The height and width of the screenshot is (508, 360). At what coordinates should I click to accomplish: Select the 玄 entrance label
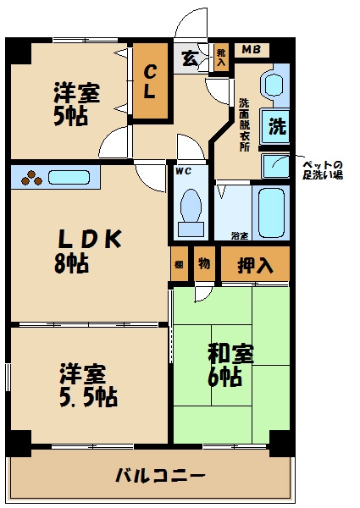click(x=189, y=58)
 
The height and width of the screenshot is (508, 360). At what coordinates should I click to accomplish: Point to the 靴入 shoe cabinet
click(x=221, y=57)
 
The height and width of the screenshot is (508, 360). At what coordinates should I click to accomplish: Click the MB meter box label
click(x=251, y=50)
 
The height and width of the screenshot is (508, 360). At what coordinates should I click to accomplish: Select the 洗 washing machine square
click(x=276, y=127)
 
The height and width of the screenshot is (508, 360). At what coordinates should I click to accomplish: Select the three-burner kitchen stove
click(x=31, y=178)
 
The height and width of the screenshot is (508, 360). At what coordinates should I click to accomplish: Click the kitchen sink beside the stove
click(x=72, y=178)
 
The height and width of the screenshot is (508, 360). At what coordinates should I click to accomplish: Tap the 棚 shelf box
click(x=179, y=264)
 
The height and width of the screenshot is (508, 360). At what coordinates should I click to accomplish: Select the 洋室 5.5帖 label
click(x=87, y=383)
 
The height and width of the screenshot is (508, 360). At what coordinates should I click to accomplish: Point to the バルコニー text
click(x=160, y=475)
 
